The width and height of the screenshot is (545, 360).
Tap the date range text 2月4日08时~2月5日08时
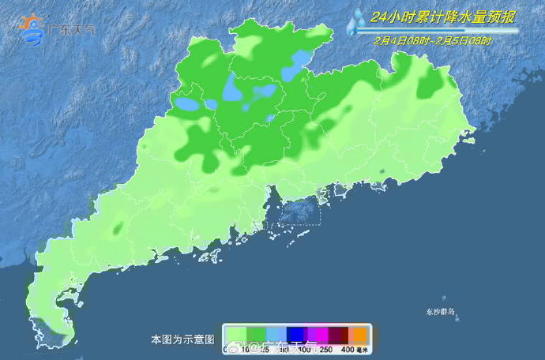tap(434, 41)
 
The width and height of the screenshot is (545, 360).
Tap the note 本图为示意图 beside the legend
tap(182, 339)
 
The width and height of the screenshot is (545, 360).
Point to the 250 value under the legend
tap(324, 349)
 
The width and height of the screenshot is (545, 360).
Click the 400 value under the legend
tap(347, 349)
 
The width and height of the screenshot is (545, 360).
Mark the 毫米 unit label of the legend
tap(362, 349)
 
